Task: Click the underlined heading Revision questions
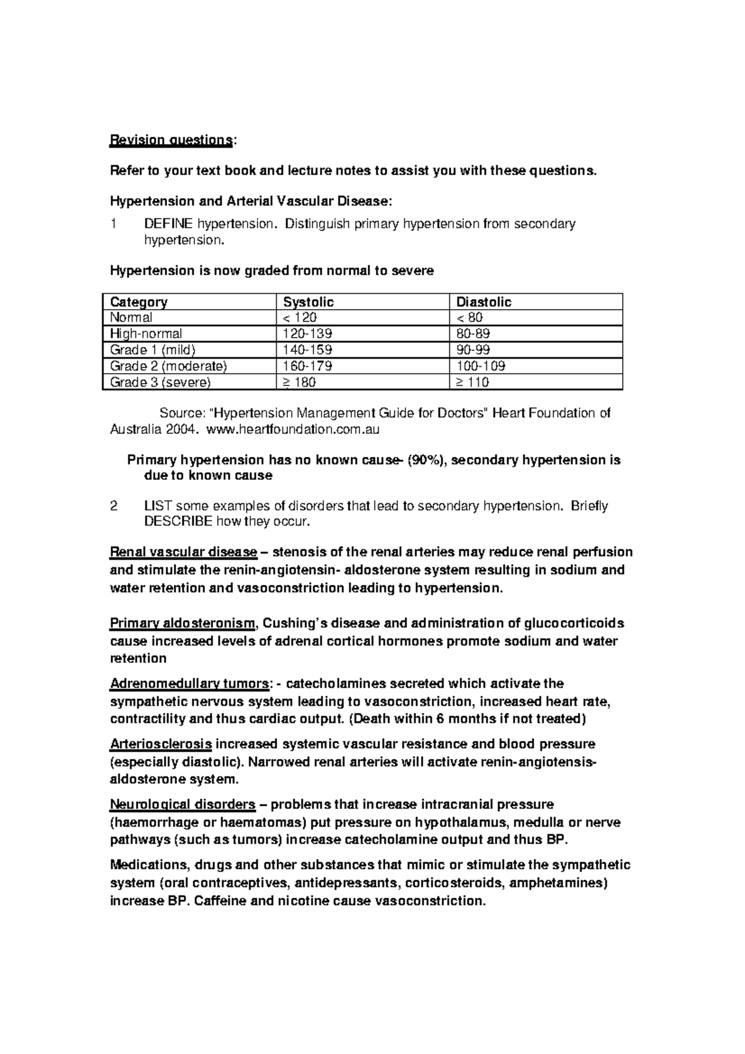pyautogui.click(x=169, y=140)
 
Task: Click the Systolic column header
pyautogui.click(x=309, y=302)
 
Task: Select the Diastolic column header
pyautogui.click(x=484, y=302)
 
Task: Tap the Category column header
pyautogui.click(x=138, y=302)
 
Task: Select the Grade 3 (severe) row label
pyautogui.click(x=160, y=382)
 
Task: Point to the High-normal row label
pyautogui.click(x=146, y=334)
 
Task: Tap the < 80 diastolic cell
pyautogui.click(x=469, y=318)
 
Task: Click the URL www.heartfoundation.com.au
pyautogui.click(x=292, y=429)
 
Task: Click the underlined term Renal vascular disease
pyautogui.click(x=183, y=552)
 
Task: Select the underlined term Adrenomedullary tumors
pyautogui.click(x=189, y=684)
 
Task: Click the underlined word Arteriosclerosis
pyautogui.click(x=161, y=744)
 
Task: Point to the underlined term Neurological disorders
pyautogui.click(x=183, y=804)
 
